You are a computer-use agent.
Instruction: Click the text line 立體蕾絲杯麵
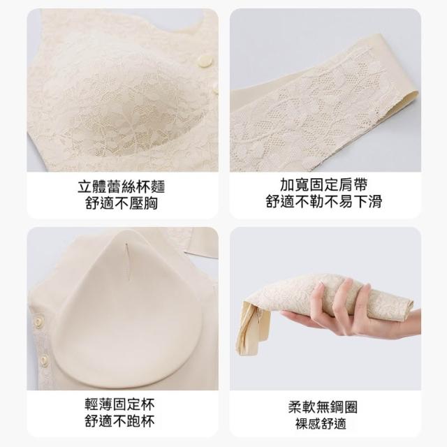point(121,187)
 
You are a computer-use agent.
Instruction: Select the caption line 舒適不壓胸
point(122,203)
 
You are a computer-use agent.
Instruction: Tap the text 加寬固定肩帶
point(324,185)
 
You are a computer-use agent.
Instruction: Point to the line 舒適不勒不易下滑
point(324,202)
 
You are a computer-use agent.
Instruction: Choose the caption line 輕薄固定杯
point(119,404)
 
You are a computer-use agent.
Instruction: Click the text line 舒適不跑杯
point(119,420)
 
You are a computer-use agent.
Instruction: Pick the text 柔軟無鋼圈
point(323,407)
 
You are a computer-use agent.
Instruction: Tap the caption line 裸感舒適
point(321,423)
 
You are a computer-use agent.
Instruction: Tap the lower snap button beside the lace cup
point(215,91)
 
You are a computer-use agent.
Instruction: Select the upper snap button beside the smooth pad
point(38,321)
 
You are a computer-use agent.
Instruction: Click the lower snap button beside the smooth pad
point(44,360)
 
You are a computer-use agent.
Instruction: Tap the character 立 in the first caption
point(85,187)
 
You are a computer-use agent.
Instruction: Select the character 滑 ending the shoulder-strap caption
point(375,202)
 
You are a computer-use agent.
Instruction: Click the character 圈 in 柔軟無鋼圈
point(351,407)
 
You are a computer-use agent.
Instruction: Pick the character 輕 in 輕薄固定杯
point(91,404)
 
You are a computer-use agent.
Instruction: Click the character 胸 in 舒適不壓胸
point(151,203)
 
